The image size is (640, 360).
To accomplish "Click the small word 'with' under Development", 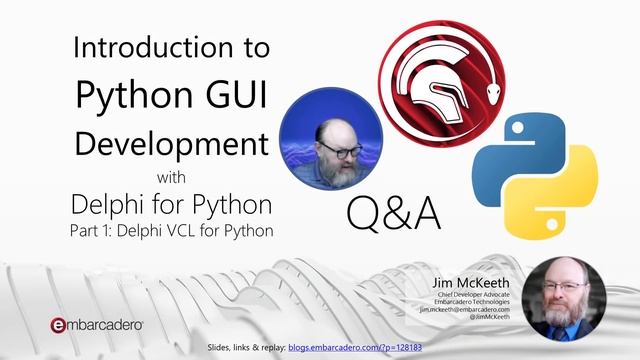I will [x=173, y=178].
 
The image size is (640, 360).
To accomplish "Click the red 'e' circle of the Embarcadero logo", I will [x=59, y=325].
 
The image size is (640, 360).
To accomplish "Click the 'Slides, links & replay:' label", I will [x=246, y=346].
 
